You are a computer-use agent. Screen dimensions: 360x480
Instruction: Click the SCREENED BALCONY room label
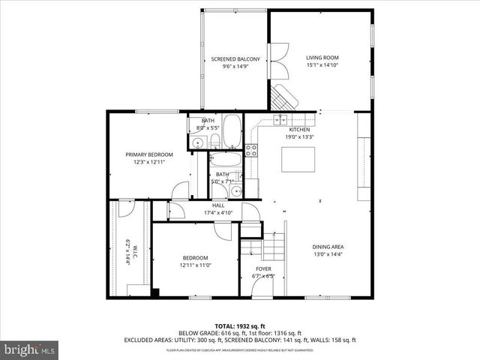click(235, 59)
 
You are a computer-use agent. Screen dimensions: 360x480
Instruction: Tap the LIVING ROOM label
click(322, 58)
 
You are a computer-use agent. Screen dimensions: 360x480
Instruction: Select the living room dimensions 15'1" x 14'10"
click(322, 66)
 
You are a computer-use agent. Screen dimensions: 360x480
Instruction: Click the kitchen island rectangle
click(298, 159)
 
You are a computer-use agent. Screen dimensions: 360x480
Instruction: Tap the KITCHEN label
click(299, 130)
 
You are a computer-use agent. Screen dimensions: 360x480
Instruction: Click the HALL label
click(218, 205)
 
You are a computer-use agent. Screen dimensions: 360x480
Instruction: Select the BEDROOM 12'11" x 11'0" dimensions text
click(195, 265)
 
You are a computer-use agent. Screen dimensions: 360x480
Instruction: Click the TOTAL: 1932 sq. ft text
click(239, 326)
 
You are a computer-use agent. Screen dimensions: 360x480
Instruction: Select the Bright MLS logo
click(30, 349)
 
